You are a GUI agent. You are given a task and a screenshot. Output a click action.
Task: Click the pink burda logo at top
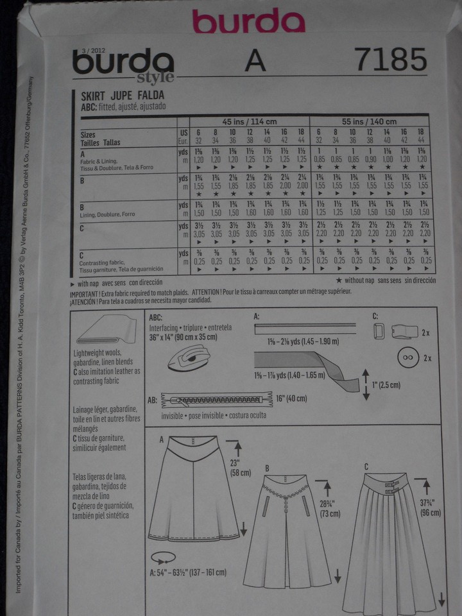click(x=248, y=21)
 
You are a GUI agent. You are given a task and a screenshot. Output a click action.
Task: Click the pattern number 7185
click(x=389, y=61)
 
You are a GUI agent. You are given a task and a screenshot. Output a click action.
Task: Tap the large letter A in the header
click(x=255, y=62)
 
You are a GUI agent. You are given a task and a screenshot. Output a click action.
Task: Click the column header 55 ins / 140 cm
click(x=373, y=121)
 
